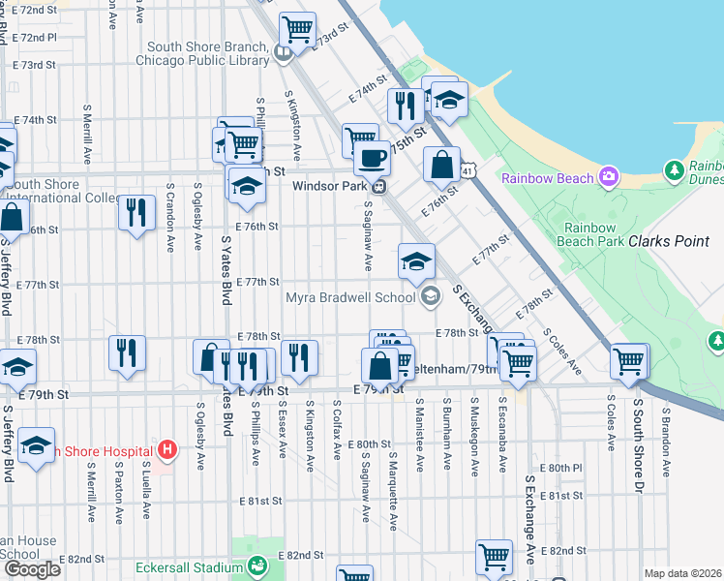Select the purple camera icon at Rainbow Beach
(609, 176)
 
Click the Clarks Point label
(669, 241)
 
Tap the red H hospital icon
(167, 449)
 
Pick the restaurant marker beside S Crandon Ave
(136, 212)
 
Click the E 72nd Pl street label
(37, 37)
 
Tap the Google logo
(32, 569)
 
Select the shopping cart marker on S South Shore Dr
(629, 362)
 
